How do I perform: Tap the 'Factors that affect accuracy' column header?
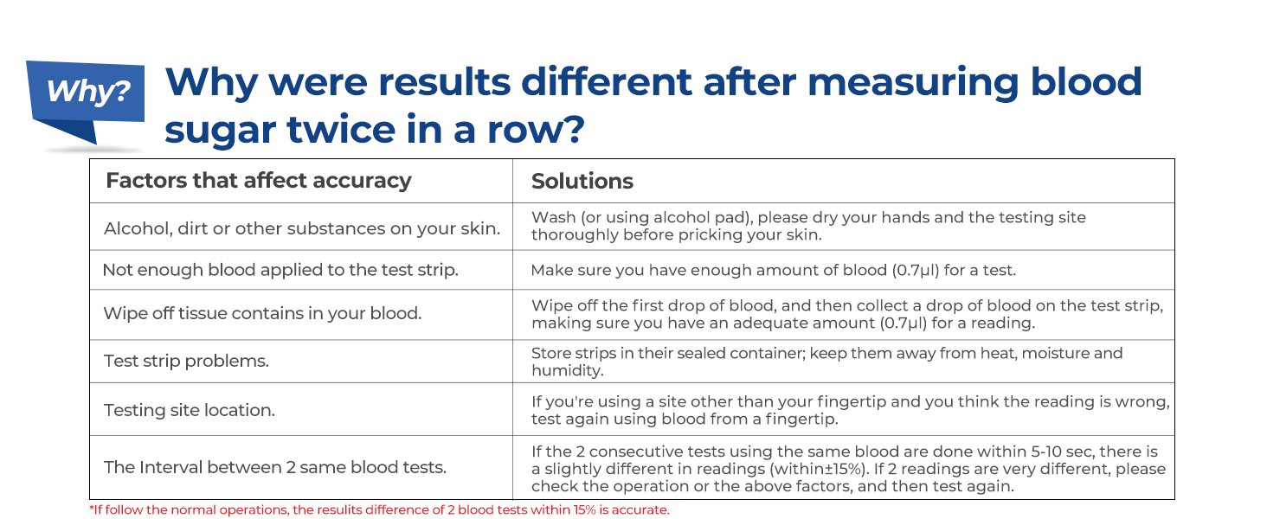(x=258, y=181)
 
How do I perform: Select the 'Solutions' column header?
(x=582, y=181)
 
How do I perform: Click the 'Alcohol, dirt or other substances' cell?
(x=302, y=228)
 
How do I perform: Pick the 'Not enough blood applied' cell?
(x=280, y=270)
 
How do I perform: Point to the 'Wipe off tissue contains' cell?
(x=262, y=313)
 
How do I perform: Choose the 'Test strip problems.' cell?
(x=186, y=361)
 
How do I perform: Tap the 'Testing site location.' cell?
(x=190, y=410)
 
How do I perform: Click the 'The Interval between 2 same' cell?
(x=275, y=467)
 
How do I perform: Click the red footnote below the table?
(x=379, y=509)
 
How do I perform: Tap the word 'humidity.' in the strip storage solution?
(x=567, y=370)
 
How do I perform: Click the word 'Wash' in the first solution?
(x=550, y=217)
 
